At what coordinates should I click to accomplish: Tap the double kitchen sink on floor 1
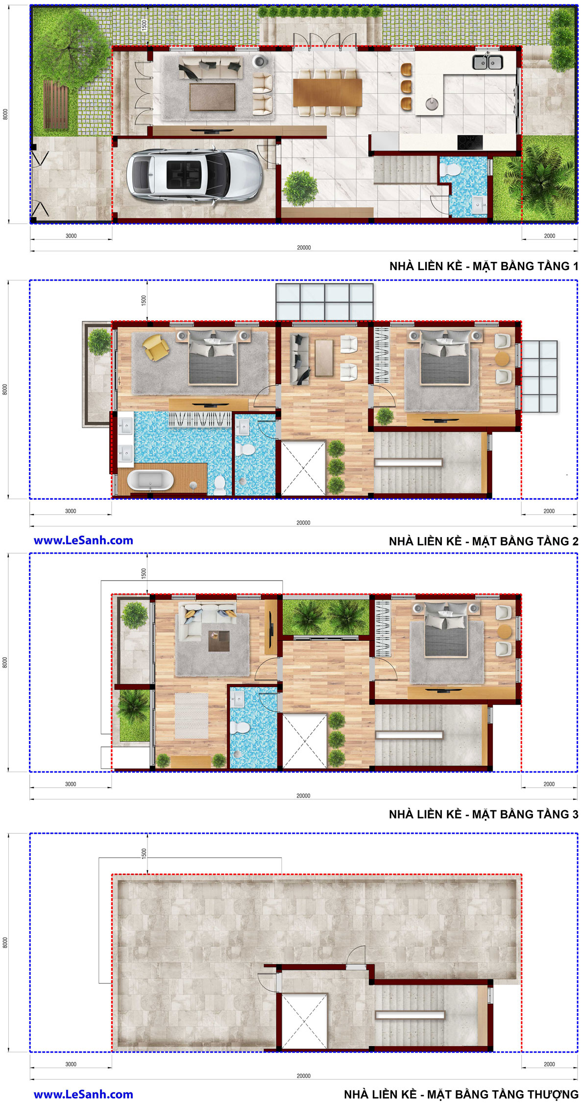point(487,62)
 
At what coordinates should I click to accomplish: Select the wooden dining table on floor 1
point(327,93)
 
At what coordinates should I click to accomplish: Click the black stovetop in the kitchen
point(470,142)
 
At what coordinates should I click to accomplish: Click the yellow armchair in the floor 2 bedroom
point(156,347)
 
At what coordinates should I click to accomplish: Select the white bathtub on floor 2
point(150,480)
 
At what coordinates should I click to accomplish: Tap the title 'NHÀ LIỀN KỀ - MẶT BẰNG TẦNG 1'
point(484,266)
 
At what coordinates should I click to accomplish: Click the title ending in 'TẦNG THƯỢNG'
point(461,1094)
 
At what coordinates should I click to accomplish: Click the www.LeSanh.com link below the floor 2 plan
point(83,540)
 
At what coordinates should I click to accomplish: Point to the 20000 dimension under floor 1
point(304,248)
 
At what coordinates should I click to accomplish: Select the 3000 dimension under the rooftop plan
point(71,1064)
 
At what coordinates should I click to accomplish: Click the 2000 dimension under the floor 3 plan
point(549,784)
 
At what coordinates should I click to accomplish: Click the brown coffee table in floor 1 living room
point(212,97)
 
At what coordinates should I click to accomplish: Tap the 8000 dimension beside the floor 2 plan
point(5,389)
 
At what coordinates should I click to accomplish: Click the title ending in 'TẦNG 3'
point(484,815)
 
